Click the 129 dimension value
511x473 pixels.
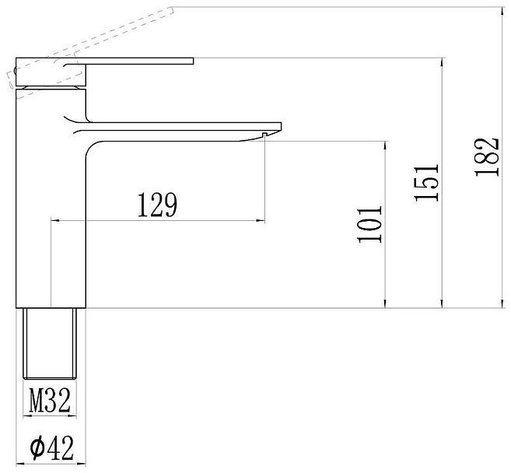(x=158, y=205)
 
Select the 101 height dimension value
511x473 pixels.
(x=369, y=224)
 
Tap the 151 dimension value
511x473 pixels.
(x=426, y=183)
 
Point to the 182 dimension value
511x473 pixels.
(x=487, y=157)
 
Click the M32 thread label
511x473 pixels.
(x=50, y=401)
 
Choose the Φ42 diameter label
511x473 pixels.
(x=52, y=448)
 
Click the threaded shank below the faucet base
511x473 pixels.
(x=50, y=344)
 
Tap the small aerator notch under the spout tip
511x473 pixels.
(x=264, y=135)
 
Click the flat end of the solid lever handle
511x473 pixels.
(x=193, y=61)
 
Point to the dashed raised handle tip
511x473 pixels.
(x=172, y=11)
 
